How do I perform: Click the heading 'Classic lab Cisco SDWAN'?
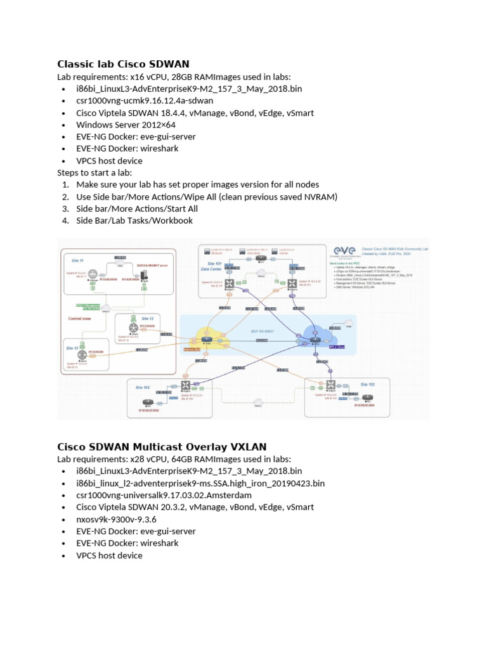[x=123, y=63]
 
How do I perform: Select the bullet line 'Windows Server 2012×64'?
[x=126, y=125]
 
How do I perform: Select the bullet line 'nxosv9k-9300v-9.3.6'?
[x=116, y=519]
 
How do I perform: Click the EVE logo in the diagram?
[x=343, y=251]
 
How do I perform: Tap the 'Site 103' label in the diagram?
[x=367, y=385]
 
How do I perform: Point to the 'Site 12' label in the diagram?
[x=148, y=318]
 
